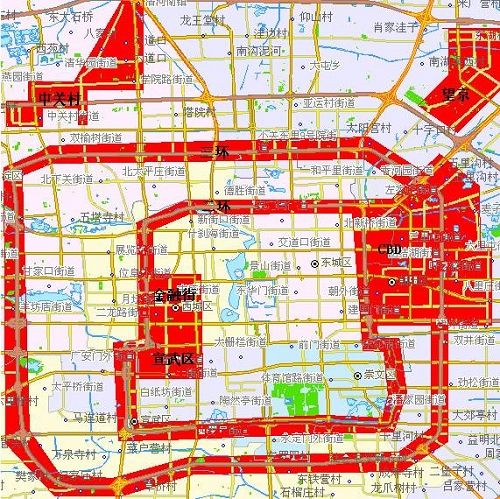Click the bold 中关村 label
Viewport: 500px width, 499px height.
click(59, 98)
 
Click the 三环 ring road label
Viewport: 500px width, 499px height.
click(214, 151)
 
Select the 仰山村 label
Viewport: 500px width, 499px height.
click(316, 17)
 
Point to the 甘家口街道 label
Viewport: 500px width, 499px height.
click(40, 270)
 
